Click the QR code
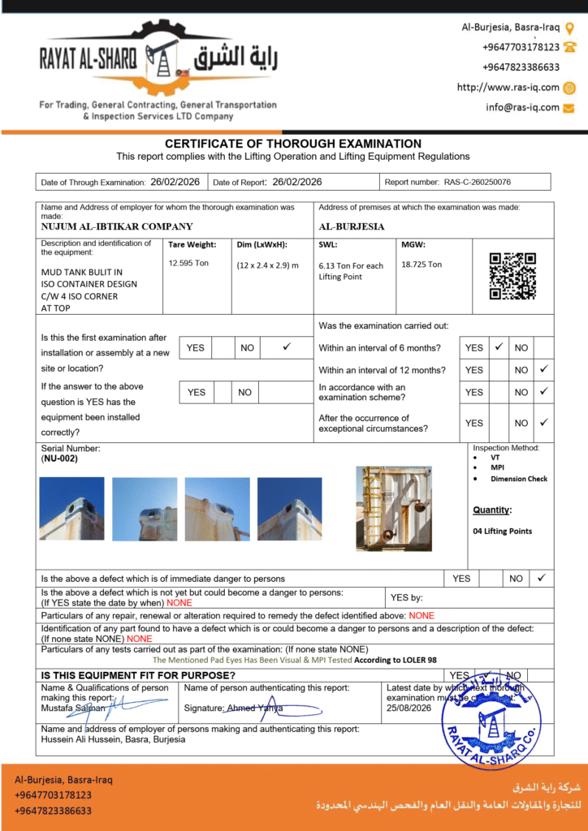click(512, 276)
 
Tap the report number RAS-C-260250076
click(477, 183)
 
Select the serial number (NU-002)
click(59, 459)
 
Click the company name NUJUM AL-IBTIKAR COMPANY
click(117, 227)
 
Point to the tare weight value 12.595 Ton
click(188, 264)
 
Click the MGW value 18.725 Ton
click(422, 265)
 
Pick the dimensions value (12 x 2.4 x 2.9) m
click(267, 265)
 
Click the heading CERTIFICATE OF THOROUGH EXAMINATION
click(293, 144)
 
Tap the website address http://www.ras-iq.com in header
click(508, 88)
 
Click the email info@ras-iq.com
click(522, 107)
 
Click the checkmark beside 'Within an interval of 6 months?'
click(499, 347)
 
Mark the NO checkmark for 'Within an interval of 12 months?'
click(544, 369)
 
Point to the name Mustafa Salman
click(73, 708)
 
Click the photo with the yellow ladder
click(394, 509)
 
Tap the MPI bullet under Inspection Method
click(497, 467)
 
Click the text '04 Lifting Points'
click(503, 532)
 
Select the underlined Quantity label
click(492, 510)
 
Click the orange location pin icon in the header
click(569, 27)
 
